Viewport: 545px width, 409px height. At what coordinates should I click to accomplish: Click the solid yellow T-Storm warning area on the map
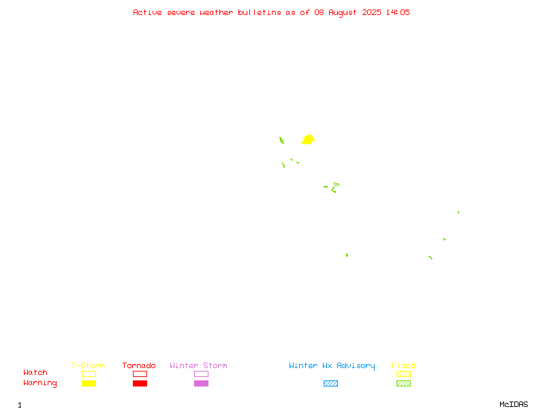tap(308, 140)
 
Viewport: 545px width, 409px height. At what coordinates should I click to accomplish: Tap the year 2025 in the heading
tap(371, 12)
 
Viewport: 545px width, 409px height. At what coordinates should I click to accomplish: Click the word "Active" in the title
tap(147, 12)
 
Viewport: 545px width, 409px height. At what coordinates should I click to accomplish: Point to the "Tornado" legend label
tap(139, 365)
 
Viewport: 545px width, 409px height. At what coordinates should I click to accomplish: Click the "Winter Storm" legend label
tap(198, 365)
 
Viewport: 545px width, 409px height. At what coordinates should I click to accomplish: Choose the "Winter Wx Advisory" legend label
tap(332, 366)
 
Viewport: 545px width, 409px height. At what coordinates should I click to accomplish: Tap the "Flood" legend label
tap(403, 365)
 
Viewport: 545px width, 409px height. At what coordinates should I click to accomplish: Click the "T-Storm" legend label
tap(88, 365)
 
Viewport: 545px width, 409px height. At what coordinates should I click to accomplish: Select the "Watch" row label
tap(35, 372)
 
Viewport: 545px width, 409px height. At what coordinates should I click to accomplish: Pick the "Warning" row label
tap(40, 383)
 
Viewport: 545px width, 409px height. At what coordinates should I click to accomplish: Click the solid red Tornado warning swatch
tap(140, 383)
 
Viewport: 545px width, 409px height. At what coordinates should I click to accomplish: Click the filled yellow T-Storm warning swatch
tap(89, 383)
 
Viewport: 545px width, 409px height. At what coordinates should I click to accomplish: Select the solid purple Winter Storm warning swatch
tap(201, 383)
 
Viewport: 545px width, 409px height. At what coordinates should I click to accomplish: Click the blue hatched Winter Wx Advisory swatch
tap(330, 383)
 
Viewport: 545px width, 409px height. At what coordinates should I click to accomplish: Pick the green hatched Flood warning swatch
tap(403, 383)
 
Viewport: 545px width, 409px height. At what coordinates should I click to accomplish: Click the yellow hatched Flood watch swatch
tap(403, 374)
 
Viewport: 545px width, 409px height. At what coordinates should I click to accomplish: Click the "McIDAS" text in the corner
tap(514, 404)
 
